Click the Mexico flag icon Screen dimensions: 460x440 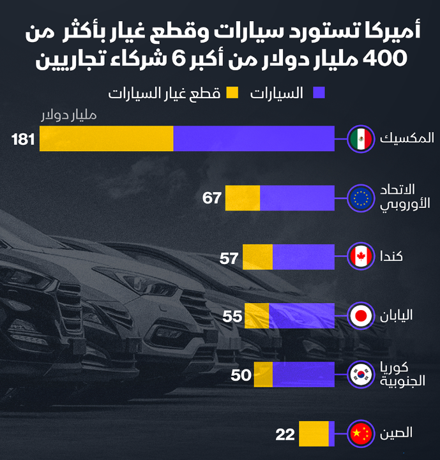click(361, 138)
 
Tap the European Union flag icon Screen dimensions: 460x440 click(361, 198)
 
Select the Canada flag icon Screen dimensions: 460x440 click(361, 257)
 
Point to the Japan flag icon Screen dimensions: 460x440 click(361, 316)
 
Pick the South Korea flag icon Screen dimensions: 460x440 click(361, 375)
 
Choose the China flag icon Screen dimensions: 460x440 click(361, 434)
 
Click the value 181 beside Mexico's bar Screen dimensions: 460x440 click(22, 138)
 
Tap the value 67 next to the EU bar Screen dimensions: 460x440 click(212, 198)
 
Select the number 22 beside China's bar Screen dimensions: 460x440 click(285, 435)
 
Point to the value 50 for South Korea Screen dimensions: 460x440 click(241, 375)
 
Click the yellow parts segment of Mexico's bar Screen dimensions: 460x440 click(107, 138)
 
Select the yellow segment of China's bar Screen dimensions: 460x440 click(314, 434)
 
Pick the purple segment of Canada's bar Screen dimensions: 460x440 click(303, 257)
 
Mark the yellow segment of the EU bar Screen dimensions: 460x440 click(243, 198)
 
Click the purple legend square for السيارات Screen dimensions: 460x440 click(319, 93)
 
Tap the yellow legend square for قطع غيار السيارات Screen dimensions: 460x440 click(232, 93)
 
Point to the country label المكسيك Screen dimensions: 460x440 click(407, 138)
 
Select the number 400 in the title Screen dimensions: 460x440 click(384, 58)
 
